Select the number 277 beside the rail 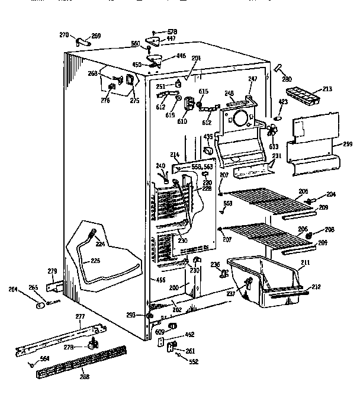click(x=81, y=317)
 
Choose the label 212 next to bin click(x=316, y=287)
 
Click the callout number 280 click(x=287, y=79)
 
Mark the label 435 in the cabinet click(x=208, y=136)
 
